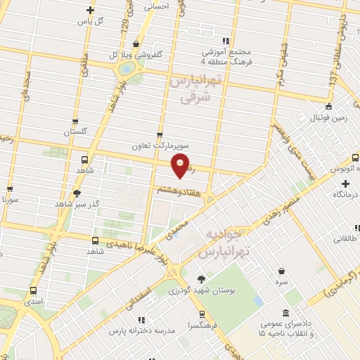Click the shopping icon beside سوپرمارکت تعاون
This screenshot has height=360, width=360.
coord(160,135)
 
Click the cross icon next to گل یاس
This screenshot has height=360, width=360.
coord(89,10)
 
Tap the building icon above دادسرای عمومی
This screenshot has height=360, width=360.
coord(285,313)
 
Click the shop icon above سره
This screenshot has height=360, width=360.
coord(281,271)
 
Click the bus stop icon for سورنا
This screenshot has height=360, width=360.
coord(10,188)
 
